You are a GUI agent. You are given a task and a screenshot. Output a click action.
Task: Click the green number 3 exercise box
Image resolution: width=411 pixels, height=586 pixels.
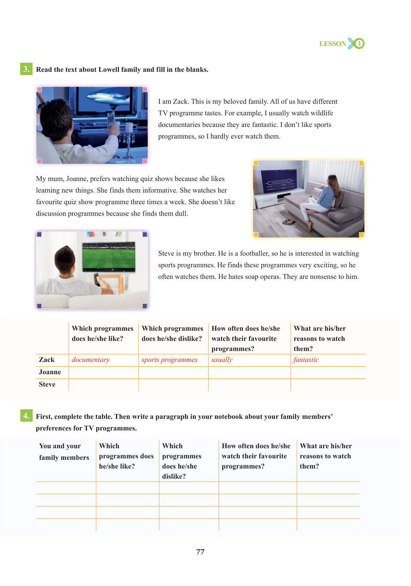pos(26,69)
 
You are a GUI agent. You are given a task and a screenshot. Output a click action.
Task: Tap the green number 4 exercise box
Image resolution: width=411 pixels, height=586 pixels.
pos(26,416)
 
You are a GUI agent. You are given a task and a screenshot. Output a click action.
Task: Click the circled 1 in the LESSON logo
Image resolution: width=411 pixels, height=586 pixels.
pos(360,44)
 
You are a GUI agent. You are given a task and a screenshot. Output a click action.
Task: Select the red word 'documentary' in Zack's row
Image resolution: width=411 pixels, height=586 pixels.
pos(91,360)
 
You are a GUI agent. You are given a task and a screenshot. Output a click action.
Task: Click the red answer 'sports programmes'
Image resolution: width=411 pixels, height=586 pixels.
pos(169,360)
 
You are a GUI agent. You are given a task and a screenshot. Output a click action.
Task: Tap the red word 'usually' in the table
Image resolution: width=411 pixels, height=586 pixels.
pos(222,360)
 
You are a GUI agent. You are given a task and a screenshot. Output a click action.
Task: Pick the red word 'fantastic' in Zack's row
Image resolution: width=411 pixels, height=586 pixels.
pos(306,360)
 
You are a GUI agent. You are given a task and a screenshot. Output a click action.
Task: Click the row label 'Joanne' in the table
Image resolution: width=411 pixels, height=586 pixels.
pos(50,372)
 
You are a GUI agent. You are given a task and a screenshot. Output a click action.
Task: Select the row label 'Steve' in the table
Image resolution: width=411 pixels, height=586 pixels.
pos(47,384)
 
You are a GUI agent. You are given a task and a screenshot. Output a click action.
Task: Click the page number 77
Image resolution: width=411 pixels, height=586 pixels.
pos(200,552)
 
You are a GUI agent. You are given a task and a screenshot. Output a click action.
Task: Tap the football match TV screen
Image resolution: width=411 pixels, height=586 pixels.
pos(108,256)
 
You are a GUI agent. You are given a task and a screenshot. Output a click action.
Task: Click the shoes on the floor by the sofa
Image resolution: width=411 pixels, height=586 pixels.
pos(288,222)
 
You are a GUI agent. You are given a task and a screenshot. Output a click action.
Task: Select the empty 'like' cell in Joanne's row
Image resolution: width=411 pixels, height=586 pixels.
pos(104,372)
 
